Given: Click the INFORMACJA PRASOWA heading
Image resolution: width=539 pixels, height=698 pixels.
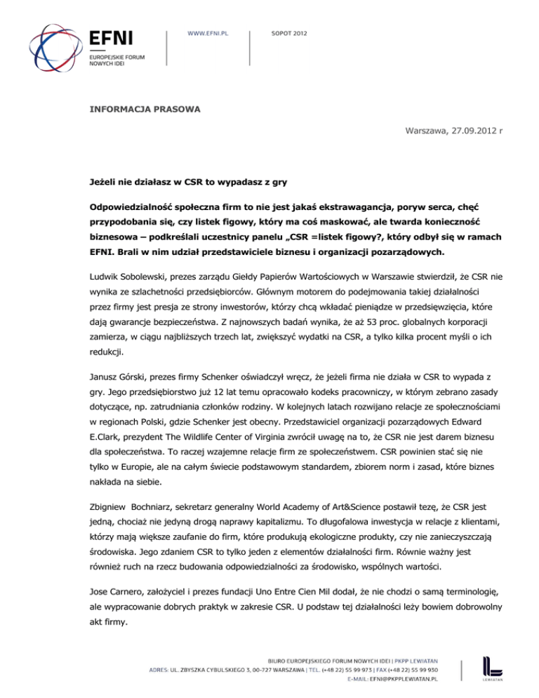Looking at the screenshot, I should click(145, 110).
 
